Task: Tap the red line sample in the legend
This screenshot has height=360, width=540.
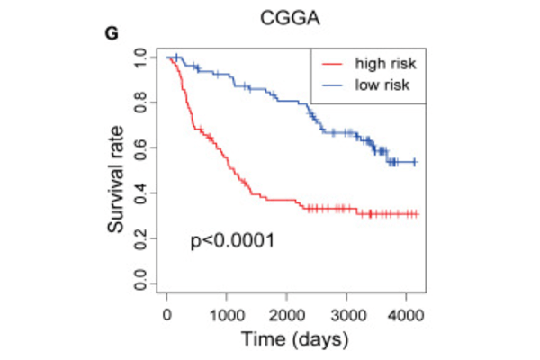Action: coord(331,64)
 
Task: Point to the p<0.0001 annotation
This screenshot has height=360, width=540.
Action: coord(232,241)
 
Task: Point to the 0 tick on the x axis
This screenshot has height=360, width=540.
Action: coord(167,312)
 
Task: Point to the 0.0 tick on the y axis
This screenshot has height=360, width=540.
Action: coord(139,285)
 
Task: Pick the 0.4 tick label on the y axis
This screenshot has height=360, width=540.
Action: coord(139,193)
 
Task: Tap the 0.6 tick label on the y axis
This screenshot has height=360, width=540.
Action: coord(139,148)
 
